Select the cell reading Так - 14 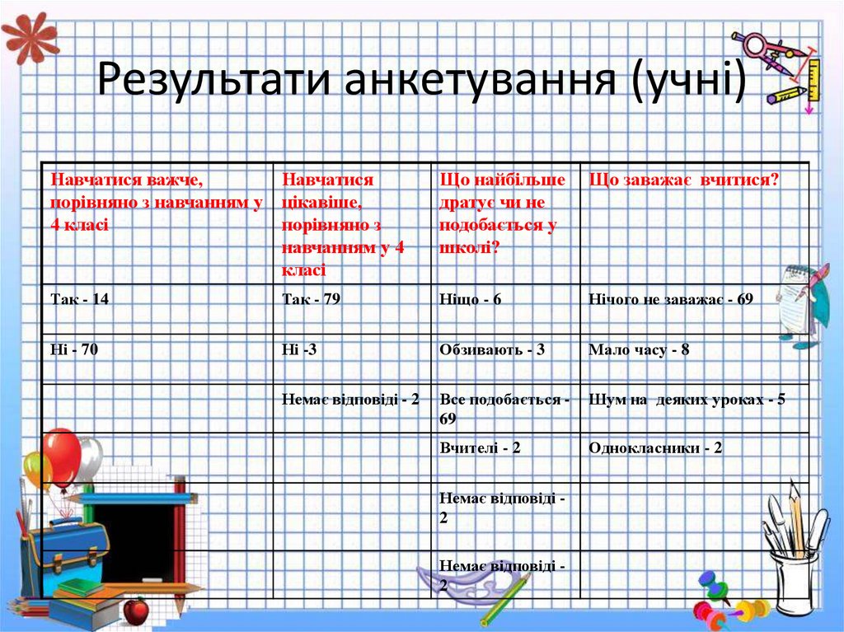tap(80, 300)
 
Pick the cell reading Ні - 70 tap(75, 350)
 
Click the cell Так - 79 tap(312, 300)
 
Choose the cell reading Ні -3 tap(299, 350)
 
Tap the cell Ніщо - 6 tap(471, 300)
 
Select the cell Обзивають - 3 tap(493, 350)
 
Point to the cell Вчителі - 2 tap(481, 448)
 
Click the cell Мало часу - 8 tap(639, 350)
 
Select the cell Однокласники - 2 tap(656, 448)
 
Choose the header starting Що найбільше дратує tap(503, 213)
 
